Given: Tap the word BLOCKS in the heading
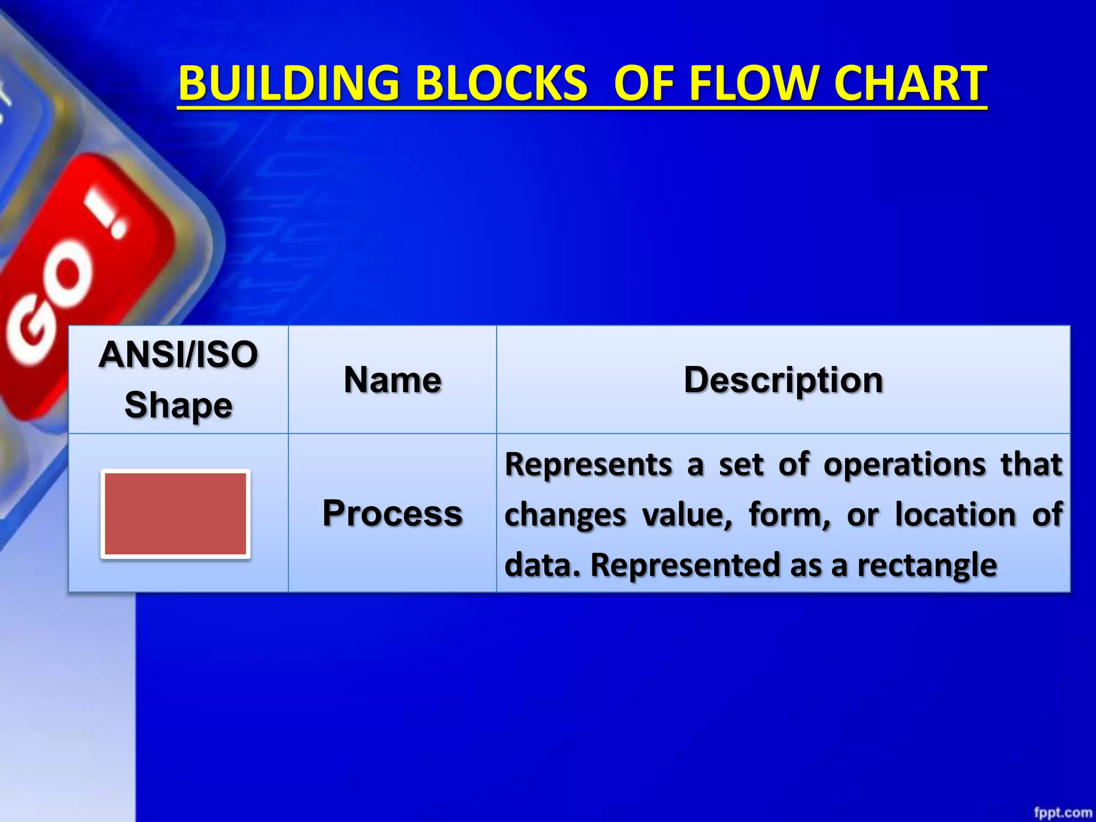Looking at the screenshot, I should coord(501,83).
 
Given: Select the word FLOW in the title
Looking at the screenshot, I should coord(755,83).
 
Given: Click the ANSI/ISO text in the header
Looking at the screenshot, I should coord(178,354).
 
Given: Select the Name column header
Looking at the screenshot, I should coord(392,380).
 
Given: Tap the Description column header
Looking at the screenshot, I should coord(783,380).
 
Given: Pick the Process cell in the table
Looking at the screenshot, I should coord(392,513).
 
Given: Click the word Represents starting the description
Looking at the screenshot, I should coord(588,463).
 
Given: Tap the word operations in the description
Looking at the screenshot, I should coord(904,463).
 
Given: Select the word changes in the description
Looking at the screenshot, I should coord(565,515).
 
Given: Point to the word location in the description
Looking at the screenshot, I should coord(955,515).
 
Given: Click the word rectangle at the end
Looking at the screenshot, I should coord(927,565).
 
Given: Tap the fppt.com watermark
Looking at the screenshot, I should coord(1062,812).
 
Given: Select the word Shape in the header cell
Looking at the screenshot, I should coord(178,405).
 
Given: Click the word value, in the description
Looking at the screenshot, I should coord(687,515).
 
